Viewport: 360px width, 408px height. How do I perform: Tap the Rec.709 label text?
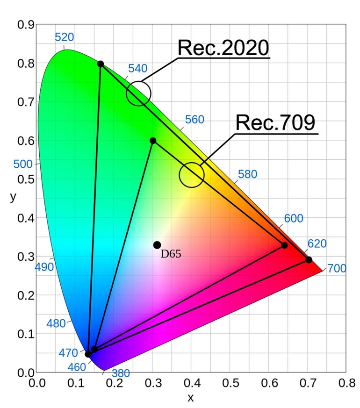point(275,123)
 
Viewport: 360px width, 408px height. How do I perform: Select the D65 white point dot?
point(157,245)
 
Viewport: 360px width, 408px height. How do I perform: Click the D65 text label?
point(171,254)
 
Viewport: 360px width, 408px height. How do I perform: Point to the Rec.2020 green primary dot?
point(101,64)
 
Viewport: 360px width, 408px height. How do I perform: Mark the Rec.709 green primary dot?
point(153,141)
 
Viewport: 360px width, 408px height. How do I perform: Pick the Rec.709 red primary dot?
point(284,245)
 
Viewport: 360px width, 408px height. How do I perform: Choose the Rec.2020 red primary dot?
point(309,259)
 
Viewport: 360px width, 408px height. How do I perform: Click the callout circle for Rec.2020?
point(138,93)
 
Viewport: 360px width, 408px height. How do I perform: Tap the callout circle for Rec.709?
point(191,175)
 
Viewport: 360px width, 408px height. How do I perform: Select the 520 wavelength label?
point(65,37)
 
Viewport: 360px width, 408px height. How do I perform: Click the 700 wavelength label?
point(337,269)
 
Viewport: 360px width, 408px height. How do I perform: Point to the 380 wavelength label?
point(121,373)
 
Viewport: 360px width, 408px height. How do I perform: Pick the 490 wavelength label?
point(44,267)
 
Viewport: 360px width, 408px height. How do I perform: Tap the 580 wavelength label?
point(247,174)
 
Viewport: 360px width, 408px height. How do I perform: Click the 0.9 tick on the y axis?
point(25,25)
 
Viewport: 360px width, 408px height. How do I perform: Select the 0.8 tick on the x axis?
point(346,383)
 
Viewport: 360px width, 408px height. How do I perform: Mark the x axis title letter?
point(190,398)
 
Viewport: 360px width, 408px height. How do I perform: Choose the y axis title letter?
point(13,196)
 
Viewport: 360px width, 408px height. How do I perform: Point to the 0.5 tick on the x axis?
point(230,383)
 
